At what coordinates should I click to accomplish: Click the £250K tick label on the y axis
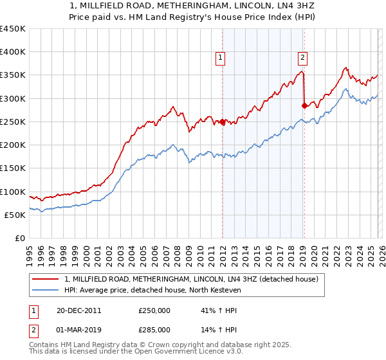point(13,122)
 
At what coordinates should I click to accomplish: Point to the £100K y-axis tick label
point(13,192)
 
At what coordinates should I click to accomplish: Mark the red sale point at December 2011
point(222,122)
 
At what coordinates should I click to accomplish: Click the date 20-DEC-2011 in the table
point(78,310)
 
